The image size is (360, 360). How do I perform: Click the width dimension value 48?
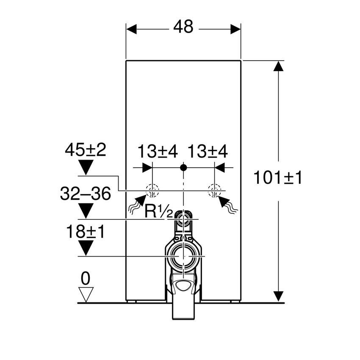point(183,28)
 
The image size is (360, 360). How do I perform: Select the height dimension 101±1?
point(278,178)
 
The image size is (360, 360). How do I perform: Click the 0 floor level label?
point(86,278)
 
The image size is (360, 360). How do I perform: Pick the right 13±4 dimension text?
point(208,151)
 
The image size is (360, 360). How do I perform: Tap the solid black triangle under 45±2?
point(86,166)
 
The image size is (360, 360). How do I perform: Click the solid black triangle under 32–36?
point(86,210)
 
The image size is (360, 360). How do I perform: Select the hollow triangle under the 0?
point(86,294)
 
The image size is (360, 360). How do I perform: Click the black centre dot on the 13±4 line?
point(183,167)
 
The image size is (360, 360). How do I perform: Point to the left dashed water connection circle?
point(152,191)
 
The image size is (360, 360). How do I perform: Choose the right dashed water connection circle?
point(214,191)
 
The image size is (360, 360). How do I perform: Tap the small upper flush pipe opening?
point(183,219)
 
